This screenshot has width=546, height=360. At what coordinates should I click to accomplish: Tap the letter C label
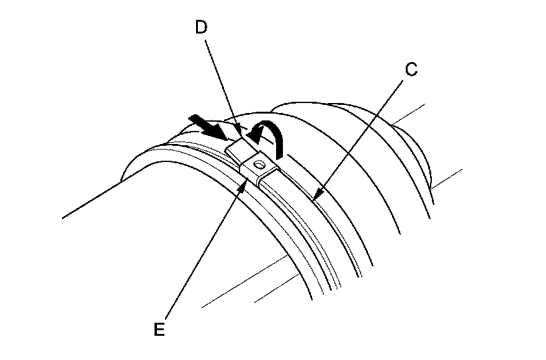click(410, 70)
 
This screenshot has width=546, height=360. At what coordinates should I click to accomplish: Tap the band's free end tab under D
click(236, 148)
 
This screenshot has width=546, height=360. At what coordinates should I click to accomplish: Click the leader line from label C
click(360, 137)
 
